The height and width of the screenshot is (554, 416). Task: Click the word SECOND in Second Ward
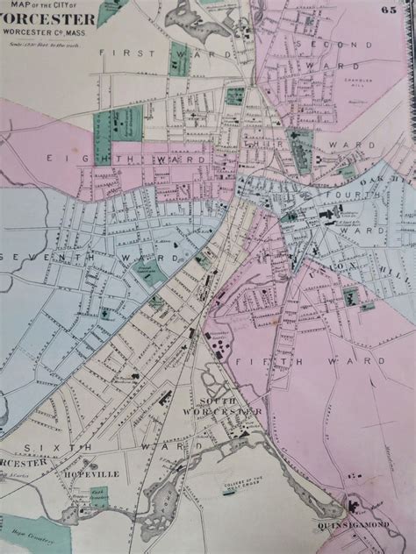pyautogui.click(x=317, y=44)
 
